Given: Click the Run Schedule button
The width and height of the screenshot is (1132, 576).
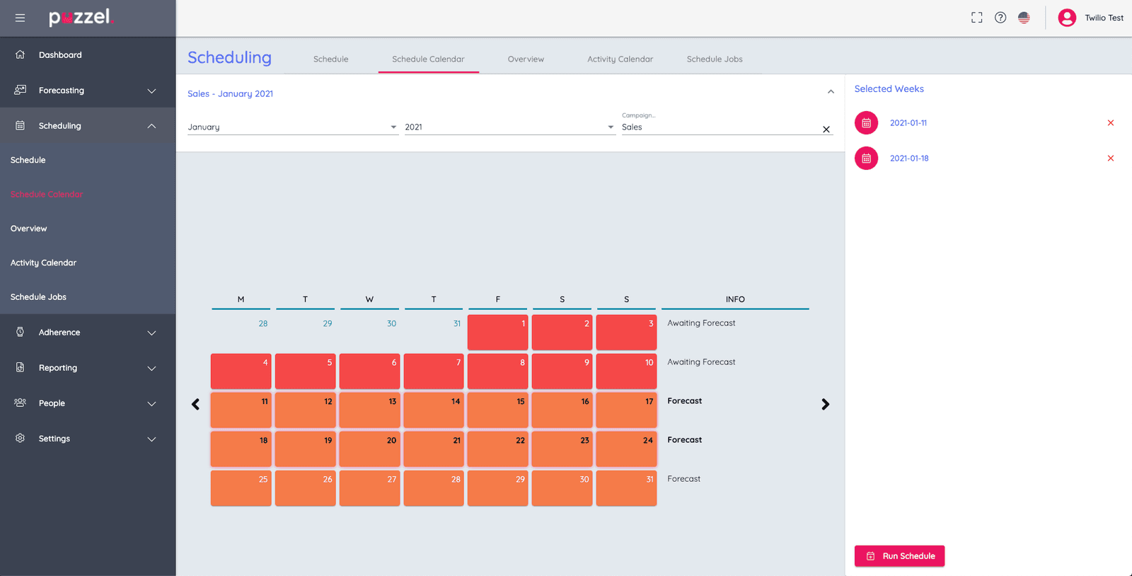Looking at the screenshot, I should tap(899, 556).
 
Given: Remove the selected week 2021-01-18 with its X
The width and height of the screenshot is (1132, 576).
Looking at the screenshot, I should tap(1110, 159).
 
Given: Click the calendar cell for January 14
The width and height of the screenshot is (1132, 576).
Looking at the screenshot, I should tap(434, 410).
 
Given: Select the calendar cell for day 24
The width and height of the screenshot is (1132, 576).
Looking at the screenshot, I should tap(626, 449).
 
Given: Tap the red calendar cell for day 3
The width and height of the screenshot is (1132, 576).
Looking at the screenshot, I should tap(626, 333).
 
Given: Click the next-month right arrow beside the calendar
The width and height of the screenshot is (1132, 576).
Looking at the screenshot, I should tap(825, 404).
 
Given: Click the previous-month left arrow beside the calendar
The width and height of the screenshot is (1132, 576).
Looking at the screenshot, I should tap(196, 404).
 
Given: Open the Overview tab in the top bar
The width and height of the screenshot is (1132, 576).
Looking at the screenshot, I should tap(526, 59).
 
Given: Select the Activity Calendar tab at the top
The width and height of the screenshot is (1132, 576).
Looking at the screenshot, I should tap(620, 59).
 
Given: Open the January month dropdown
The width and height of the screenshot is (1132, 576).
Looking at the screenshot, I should tap(292, 127).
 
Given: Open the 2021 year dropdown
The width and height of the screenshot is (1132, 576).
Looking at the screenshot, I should tap(509, 127).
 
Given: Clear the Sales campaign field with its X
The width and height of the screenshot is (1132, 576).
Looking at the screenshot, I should tap(826, 129).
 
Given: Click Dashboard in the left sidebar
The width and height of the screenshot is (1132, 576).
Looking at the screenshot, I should tap(60, 55).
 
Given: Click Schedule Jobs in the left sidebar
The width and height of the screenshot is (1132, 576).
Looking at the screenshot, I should tap(39, 297).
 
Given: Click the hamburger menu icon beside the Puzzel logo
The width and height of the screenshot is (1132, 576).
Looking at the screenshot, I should tap(20, 18).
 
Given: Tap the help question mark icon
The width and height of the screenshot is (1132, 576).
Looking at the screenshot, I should tap(1000, 18).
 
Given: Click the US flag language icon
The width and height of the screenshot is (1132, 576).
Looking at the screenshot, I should tap(1023, 18).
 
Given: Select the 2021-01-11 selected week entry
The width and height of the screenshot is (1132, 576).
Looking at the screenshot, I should tap(908, 123).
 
